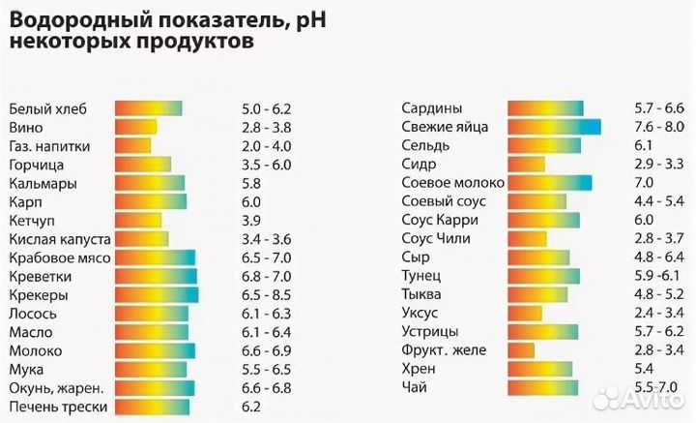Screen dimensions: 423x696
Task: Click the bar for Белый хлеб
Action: pyautogui.click(x=149, y=108)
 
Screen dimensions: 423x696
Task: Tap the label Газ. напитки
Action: pyautogui.click(x=49, y=146)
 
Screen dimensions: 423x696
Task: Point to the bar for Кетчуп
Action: pyautogui.click(x=136, y=220)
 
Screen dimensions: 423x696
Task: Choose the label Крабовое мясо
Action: pyautogui.click(x=59, y=257)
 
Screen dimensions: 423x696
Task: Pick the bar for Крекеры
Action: pyautogui.click(x=156, y=294)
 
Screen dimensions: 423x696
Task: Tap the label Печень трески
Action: pyautogui.click(x=57, y=407)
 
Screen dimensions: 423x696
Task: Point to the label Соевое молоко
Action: pyautogui.click(x=447, y=183)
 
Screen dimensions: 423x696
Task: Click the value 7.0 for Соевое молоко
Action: pyautogui.click(x=644, y=183)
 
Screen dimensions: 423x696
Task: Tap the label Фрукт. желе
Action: pyautogui.click(x=444, y=350)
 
